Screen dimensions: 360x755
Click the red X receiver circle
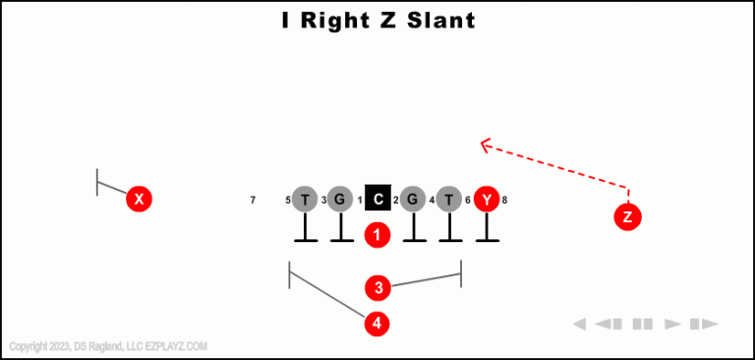[140, 200]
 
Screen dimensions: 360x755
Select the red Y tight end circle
[487, 200]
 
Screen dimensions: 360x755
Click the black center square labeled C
[378, 200]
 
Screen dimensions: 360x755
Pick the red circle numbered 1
[377, 235]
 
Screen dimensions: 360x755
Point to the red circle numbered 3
[377, 288]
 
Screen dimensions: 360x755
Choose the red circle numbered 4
[377, 323]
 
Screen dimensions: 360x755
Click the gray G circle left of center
[340, 200]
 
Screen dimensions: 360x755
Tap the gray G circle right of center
[413, 200]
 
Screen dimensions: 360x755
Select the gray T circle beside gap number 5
[305, 200]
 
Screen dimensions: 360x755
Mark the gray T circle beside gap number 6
[449, 200]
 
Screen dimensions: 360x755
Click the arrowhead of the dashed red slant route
[484, 146]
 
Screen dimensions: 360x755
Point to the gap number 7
[253, 201]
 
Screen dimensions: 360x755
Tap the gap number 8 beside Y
[504, 201]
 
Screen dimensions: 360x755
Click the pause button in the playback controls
[643, 324]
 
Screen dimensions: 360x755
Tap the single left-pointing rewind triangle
[579, 324]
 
